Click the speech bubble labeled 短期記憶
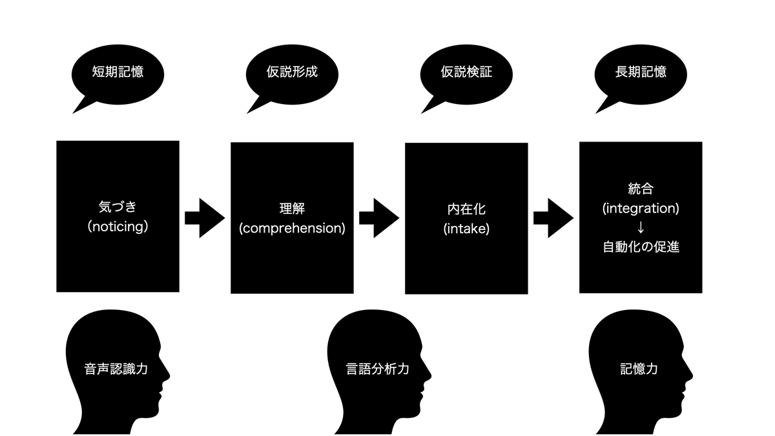[118, 75]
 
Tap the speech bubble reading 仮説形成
[292, 75]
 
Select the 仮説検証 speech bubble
[466, 75]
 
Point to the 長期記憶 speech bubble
[641, 75]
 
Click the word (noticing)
[118, 227]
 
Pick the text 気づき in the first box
[118, 207]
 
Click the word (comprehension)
[292, 229]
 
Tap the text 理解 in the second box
[292, 209]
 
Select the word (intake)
[466, 229]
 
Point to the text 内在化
[466, 209]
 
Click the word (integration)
[641, 208]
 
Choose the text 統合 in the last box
[641, 189]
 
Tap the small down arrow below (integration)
[641, 227]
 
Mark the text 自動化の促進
[641, 247]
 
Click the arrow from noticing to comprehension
[205, 218]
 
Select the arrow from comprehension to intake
[379, 218]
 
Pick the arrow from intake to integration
[553, 218]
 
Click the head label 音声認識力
[116, 369]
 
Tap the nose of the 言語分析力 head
[429, 375]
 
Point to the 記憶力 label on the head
[639, 369]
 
